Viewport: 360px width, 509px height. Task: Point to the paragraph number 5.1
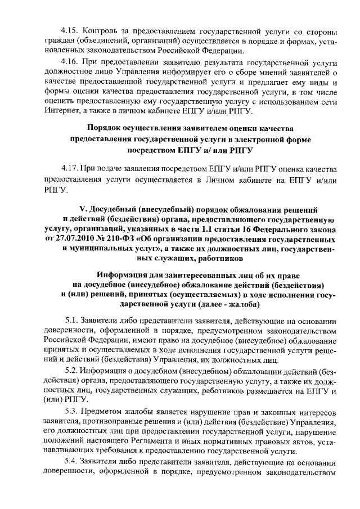click(75, 318)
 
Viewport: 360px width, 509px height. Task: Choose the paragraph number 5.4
click(75, 461)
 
